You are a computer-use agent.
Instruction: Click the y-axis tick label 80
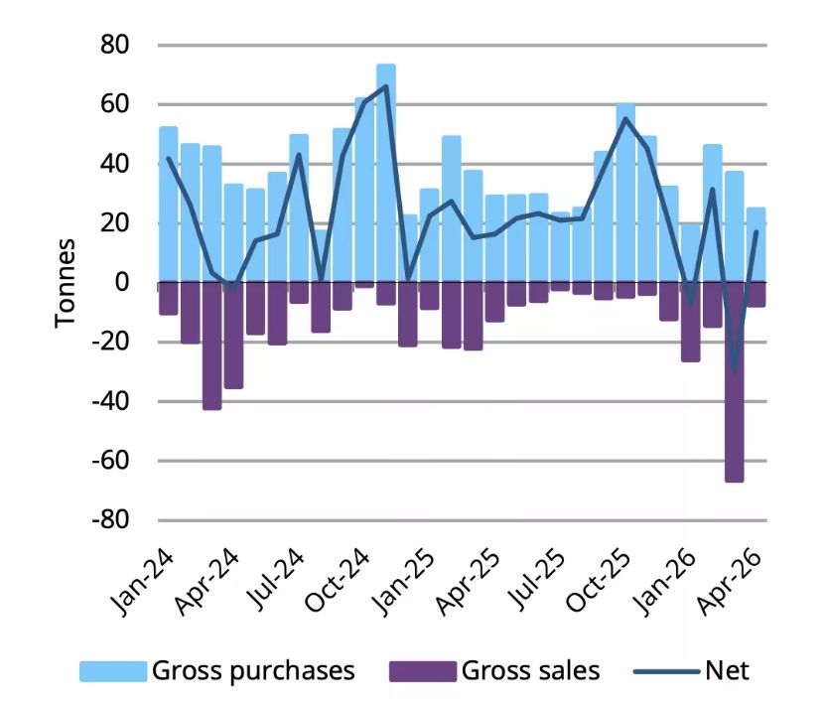115,45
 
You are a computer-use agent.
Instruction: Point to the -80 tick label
110,520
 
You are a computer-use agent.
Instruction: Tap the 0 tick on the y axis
122,282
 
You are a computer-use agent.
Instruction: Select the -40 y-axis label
110,401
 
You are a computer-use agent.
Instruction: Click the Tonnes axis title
66,283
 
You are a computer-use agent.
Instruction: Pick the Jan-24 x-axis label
142,582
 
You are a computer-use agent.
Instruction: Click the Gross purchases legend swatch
113,672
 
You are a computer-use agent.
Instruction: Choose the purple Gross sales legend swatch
423,672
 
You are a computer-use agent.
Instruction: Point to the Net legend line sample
667,672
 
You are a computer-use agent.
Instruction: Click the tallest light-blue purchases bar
386,173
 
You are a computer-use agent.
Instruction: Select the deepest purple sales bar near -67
735,382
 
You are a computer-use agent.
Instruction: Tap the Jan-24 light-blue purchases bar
169,205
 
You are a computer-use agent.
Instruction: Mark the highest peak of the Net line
386,85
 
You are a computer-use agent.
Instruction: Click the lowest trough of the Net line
735,370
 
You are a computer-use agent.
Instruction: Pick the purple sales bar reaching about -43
212,346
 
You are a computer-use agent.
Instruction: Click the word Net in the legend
727,671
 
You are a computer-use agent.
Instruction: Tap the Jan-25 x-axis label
404,582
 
